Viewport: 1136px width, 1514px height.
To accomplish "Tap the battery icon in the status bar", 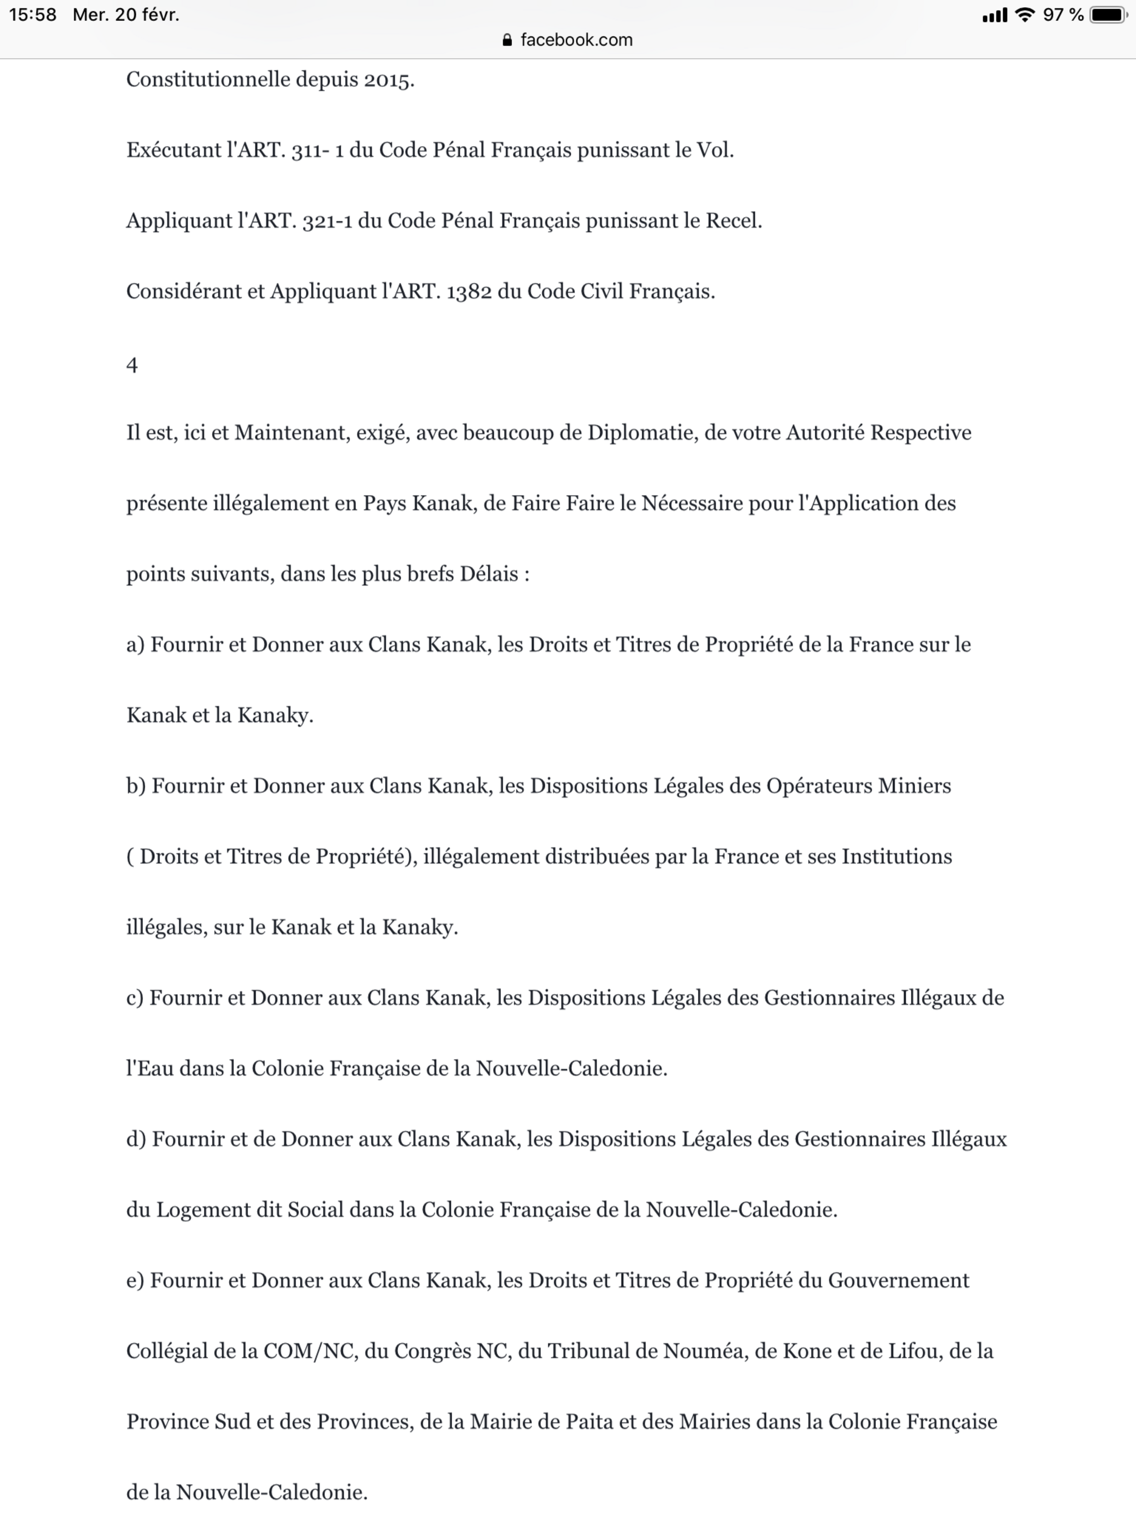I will point(1108,15).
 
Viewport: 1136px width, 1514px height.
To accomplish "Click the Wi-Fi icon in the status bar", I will point(1024,14).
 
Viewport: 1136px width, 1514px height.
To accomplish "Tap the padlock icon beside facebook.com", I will point(507,40).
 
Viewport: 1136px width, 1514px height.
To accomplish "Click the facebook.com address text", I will point(577,40).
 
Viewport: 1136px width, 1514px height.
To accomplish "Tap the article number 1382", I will point(469,292).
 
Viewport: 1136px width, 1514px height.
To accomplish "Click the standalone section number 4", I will point(132,365).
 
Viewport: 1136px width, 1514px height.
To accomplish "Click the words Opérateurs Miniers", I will point(858,786).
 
